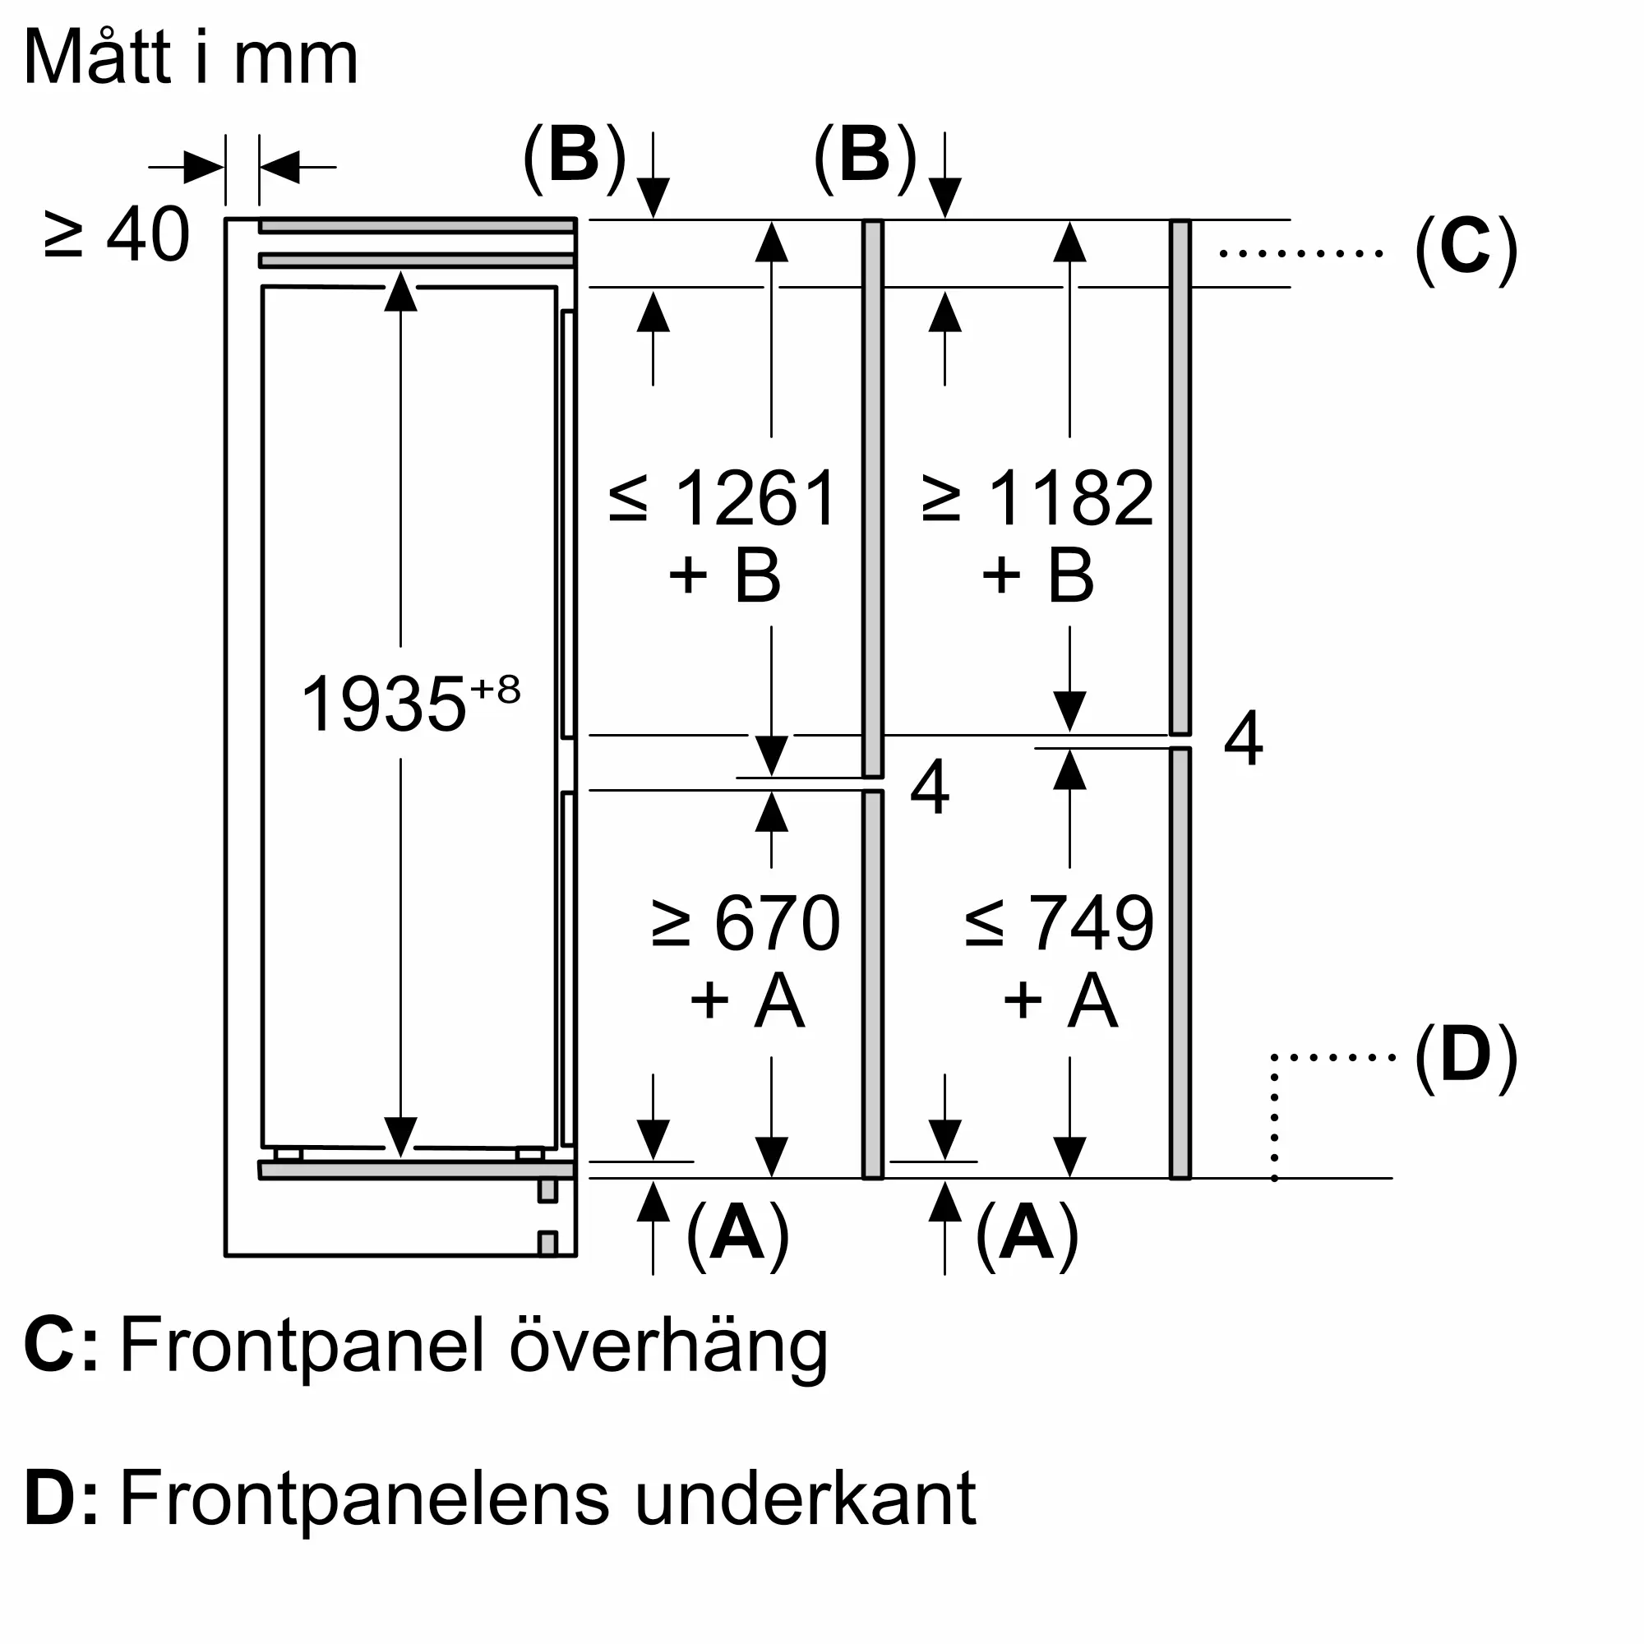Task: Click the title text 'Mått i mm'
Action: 191,58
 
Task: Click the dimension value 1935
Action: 383,704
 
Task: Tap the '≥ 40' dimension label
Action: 117,235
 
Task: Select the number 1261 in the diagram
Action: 755,499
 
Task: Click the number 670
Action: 777,923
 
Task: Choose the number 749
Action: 1092,923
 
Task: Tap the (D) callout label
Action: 1466,1057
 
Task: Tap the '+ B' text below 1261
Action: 724,576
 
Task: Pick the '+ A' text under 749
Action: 1060,1000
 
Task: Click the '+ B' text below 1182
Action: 1037,576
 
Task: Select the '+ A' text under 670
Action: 746,1000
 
